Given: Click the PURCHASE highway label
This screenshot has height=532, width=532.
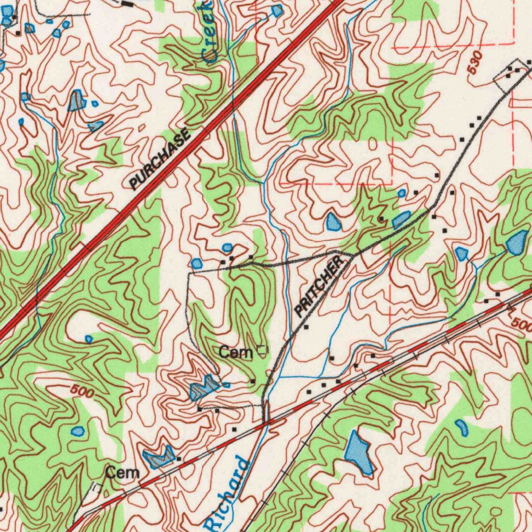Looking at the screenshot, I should coord(159,161).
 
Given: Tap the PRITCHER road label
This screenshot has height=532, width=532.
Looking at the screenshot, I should coord(320,286).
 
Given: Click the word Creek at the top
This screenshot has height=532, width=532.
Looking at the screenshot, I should coord(206,31).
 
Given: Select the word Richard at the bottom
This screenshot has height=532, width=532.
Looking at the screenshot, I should coord(227,494).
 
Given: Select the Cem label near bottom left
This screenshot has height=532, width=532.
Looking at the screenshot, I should coord(123,473).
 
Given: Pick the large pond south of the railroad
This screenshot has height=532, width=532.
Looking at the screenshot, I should coord(359,452).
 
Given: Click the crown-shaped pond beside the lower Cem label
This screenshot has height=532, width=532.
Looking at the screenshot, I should coord(160,456).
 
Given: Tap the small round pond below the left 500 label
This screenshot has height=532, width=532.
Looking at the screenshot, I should coord(77,431).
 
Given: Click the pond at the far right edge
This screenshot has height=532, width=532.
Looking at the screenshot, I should coord(517,243).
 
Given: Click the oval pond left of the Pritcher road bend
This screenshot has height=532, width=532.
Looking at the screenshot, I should coord(334,222).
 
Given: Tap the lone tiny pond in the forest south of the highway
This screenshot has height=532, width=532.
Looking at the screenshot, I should coord(89,339).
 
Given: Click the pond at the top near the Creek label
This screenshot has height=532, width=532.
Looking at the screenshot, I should coord(277,10).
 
